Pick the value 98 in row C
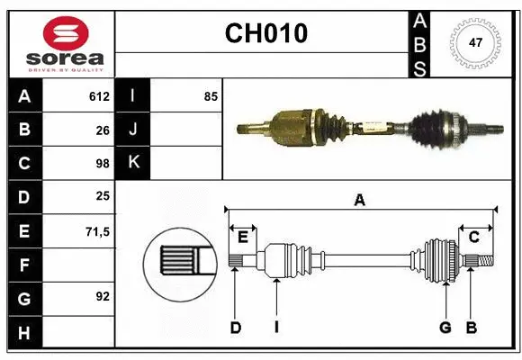coord(102,164)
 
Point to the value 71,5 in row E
coord(97,231)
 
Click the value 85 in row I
coord(211,96)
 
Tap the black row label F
coord(24,265)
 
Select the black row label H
coord(24,332)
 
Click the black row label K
coord(133,163)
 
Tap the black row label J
coord(133,130)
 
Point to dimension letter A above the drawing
coord(360,200)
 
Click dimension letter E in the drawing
coord(242,238)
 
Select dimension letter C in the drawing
coord(473,238)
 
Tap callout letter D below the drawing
coord(235,328)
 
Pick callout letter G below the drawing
coord(445,328)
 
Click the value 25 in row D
coord(103,197)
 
